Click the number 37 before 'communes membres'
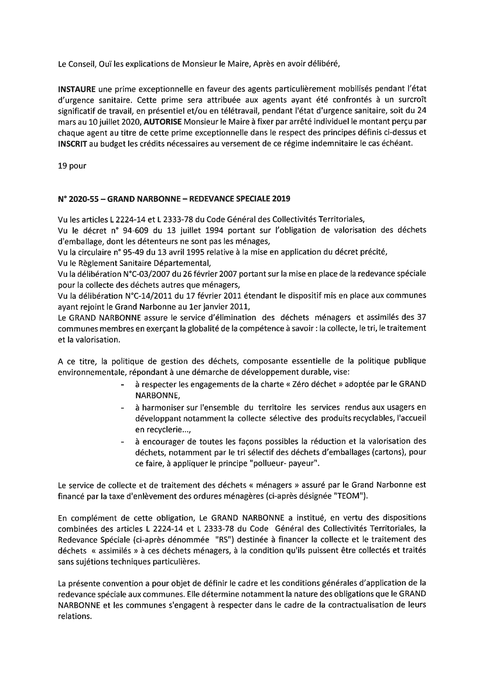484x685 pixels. click(421, 318)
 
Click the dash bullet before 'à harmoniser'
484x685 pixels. click(123, 408)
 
